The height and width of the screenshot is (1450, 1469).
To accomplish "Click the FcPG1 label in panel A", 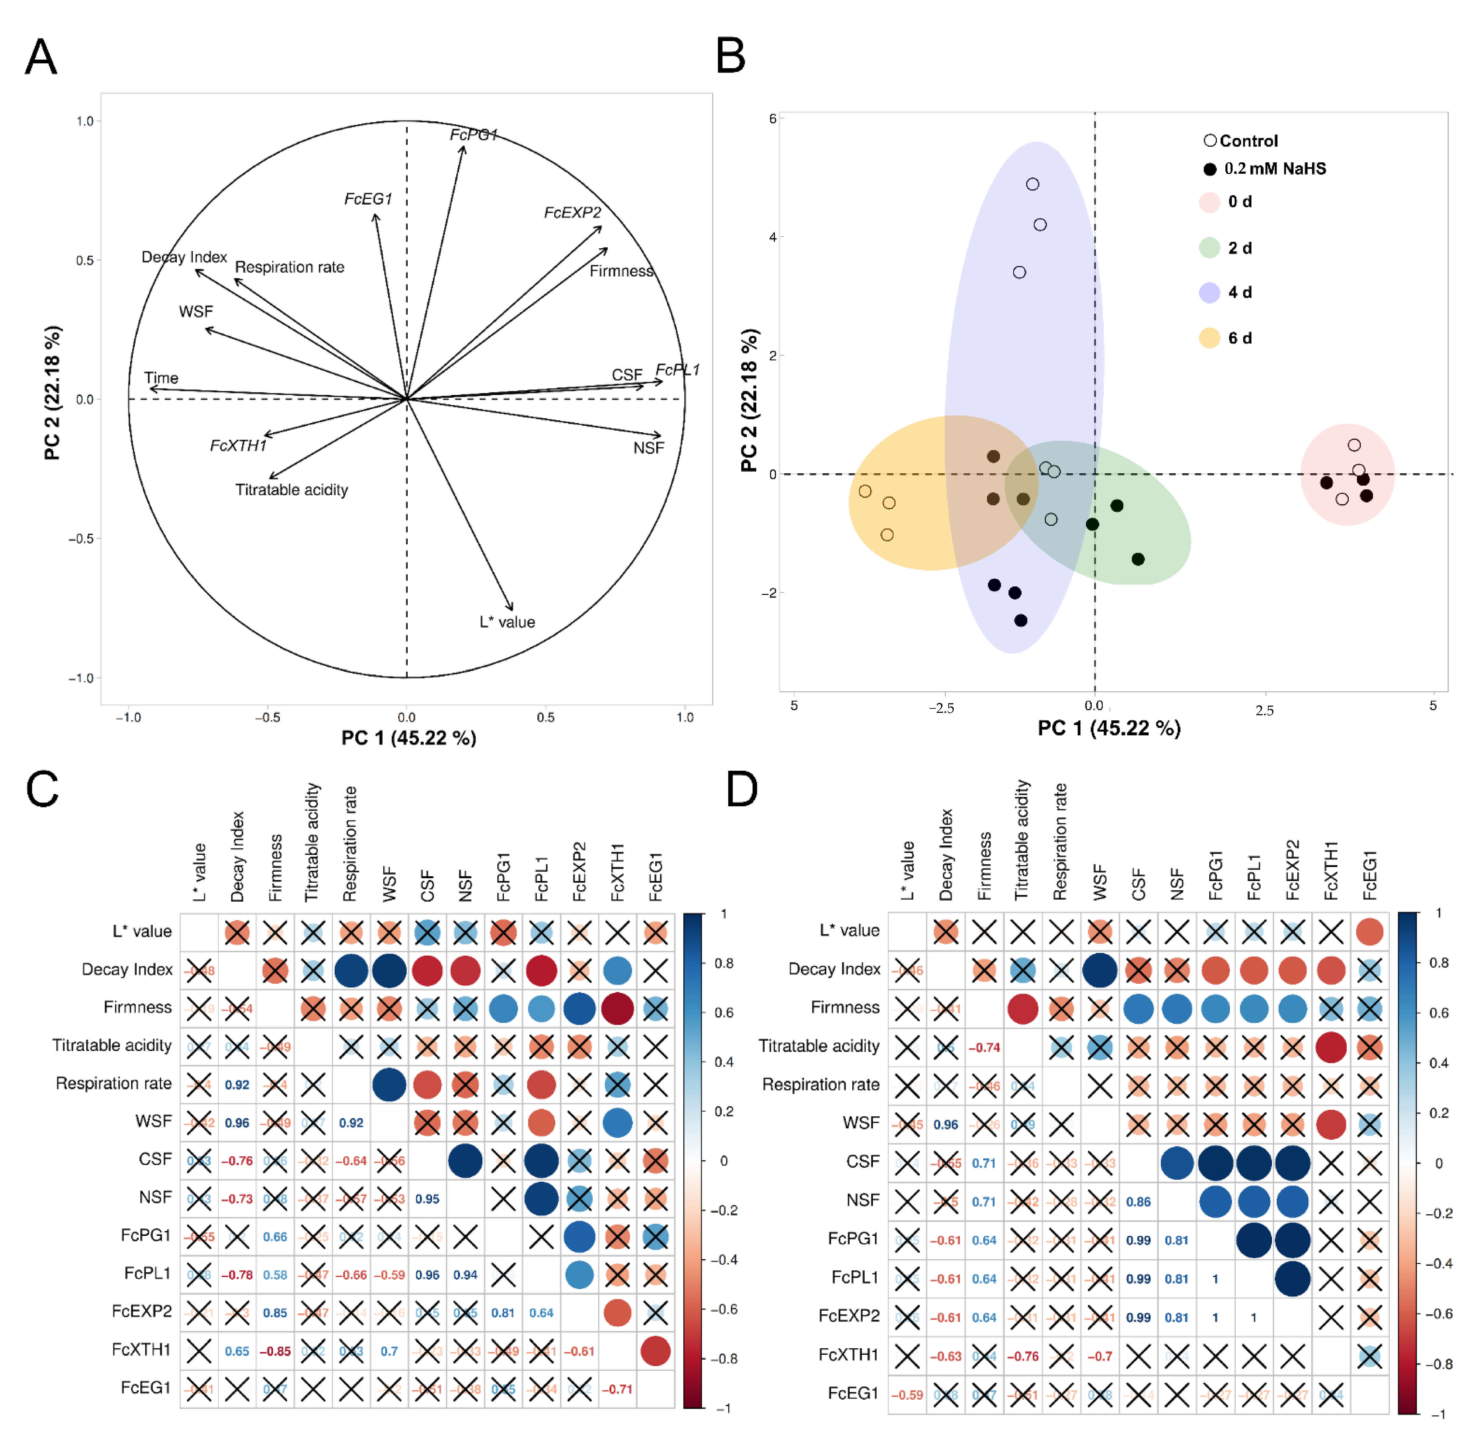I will tap(473, 135).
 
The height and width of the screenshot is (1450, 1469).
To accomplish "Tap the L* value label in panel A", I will tap(507, 622).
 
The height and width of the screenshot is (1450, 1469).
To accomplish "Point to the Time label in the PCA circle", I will tap(161, 378).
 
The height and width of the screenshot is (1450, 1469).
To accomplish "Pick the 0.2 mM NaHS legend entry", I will tap(1274, 169).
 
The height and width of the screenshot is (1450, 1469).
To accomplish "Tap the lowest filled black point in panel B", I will tap(1021, 620).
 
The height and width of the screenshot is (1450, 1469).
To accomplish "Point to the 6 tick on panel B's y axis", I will tap(773, 119).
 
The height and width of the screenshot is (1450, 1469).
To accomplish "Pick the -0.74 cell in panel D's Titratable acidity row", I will tap(984, 1048).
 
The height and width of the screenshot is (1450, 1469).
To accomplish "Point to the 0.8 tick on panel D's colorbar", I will tap(1439, 963).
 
